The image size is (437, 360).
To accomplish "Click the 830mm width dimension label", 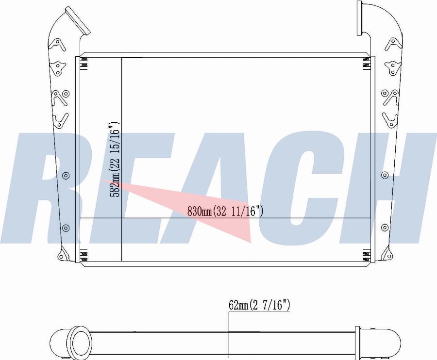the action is click(x=225, y=212).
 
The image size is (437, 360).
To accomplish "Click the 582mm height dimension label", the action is click(x=115, y=160).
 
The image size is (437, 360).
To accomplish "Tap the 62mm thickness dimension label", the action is click(x=259, y=305).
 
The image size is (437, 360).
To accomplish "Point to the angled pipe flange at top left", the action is click(x=78, y=20).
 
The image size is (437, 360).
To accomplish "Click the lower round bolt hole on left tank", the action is click(x=66, y=229).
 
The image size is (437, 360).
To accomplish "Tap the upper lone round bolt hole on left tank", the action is click(x=66, y=176).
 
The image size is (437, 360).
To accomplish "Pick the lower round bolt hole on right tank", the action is click(x=385, y=228).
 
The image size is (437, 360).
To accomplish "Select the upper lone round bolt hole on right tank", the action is click(x=385, y=175).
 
